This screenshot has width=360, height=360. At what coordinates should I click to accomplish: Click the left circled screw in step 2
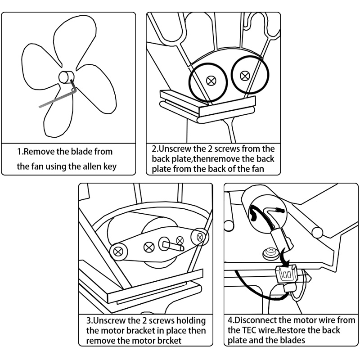point(211,81)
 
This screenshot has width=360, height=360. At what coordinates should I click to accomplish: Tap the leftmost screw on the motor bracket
point(119,251)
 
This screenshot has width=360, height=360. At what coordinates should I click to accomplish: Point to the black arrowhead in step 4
point(283,265)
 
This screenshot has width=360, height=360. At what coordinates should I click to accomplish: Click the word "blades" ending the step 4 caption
point(292,340)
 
